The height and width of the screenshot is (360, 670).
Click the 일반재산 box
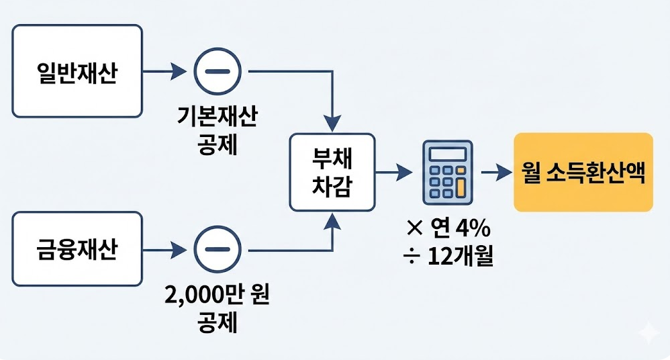(x=77, y=71)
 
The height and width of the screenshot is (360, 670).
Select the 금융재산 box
(x=77, y=250)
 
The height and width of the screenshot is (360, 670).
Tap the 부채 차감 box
(x=332, y=173)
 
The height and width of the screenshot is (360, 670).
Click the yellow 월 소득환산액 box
(x=583, y=173)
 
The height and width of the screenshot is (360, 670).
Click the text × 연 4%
(x=448, y=229)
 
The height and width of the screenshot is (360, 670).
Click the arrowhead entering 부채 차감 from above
(x=332, y=124)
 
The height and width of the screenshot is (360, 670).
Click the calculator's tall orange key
(x=460, y=186)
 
